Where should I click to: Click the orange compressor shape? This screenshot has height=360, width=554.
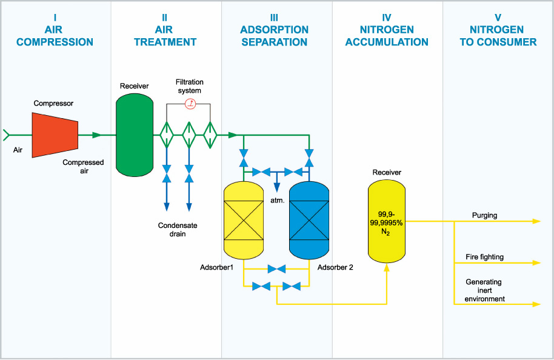[55, 135]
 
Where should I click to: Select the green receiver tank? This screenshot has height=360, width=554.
[135, 135]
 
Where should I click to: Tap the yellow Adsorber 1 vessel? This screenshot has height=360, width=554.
[244, 221]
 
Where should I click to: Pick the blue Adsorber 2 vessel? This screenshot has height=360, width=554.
[309, 221]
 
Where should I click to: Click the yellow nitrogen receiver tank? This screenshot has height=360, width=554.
[387, 221]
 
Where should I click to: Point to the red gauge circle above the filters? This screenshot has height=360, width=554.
[190, 104]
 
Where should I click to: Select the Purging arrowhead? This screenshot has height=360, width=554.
[536, 221]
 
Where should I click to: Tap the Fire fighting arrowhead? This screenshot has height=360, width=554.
[536, 263]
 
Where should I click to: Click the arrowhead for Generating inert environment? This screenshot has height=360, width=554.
[536, 304]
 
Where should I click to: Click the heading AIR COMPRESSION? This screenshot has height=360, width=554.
[55, 36]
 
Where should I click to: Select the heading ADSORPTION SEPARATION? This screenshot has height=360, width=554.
[274, 36]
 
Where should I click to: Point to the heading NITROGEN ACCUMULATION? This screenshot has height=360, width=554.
[387, 36]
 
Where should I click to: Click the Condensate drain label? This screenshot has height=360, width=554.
[178, 230]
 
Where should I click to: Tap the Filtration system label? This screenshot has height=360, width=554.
[190, 86]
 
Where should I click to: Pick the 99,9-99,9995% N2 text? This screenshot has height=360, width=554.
[386, 223]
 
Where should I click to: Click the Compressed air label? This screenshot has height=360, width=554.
[84, 167]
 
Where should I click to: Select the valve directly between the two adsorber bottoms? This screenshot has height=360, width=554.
[276, 269]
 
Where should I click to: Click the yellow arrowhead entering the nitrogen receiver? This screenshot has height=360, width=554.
[387, 267]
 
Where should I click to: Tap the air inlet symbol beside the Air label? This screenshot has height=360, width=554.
[5, 135]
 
